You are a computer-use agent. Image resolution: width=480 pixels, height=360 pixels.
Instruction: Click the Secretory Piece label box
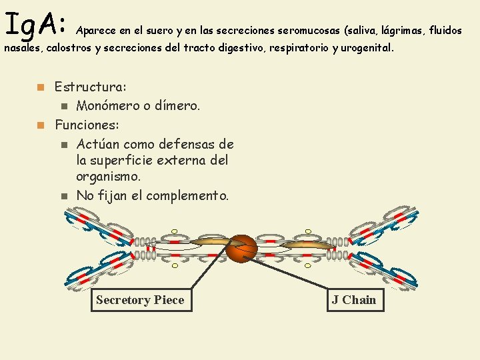pyautogui.click(x=139, y=300)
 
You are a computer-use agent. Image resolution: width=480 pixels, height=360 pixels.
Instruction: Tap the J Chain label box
pyautogui.click(x=354, y=300)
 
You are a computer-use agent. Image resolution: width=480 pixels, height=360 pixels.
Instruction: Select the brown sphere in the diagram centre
pyautogui.click(x=241, y=249)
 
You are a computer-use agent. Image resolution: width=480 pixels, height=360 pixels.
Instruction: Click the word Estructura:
pyautogui.click(x=91, y=87)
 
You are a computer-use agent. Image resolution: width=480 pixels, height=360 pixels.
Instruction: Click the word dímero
pyautogui.click(x=177, y=105)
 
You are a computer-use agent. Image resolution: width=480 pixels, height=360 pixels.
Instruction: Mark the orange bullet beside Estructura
pyautogui.click(x=41, y=87)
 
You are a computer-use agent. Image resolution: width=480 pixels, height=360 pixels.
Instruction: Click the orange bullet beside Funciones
pyautogui.click(x=41, y=125)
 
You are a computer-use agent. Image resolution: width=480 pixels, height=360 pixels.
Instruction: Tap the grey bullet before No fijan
pyautogui.click(x=63, y=196)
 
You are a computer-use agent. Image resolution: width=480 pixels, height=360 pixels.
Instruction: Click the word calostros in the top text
pyautogui.click(x=69, y=49)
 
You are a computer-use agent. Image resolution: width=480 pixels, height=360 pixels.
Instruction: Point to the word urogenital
pyautogui.click(x=367, y=49)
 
